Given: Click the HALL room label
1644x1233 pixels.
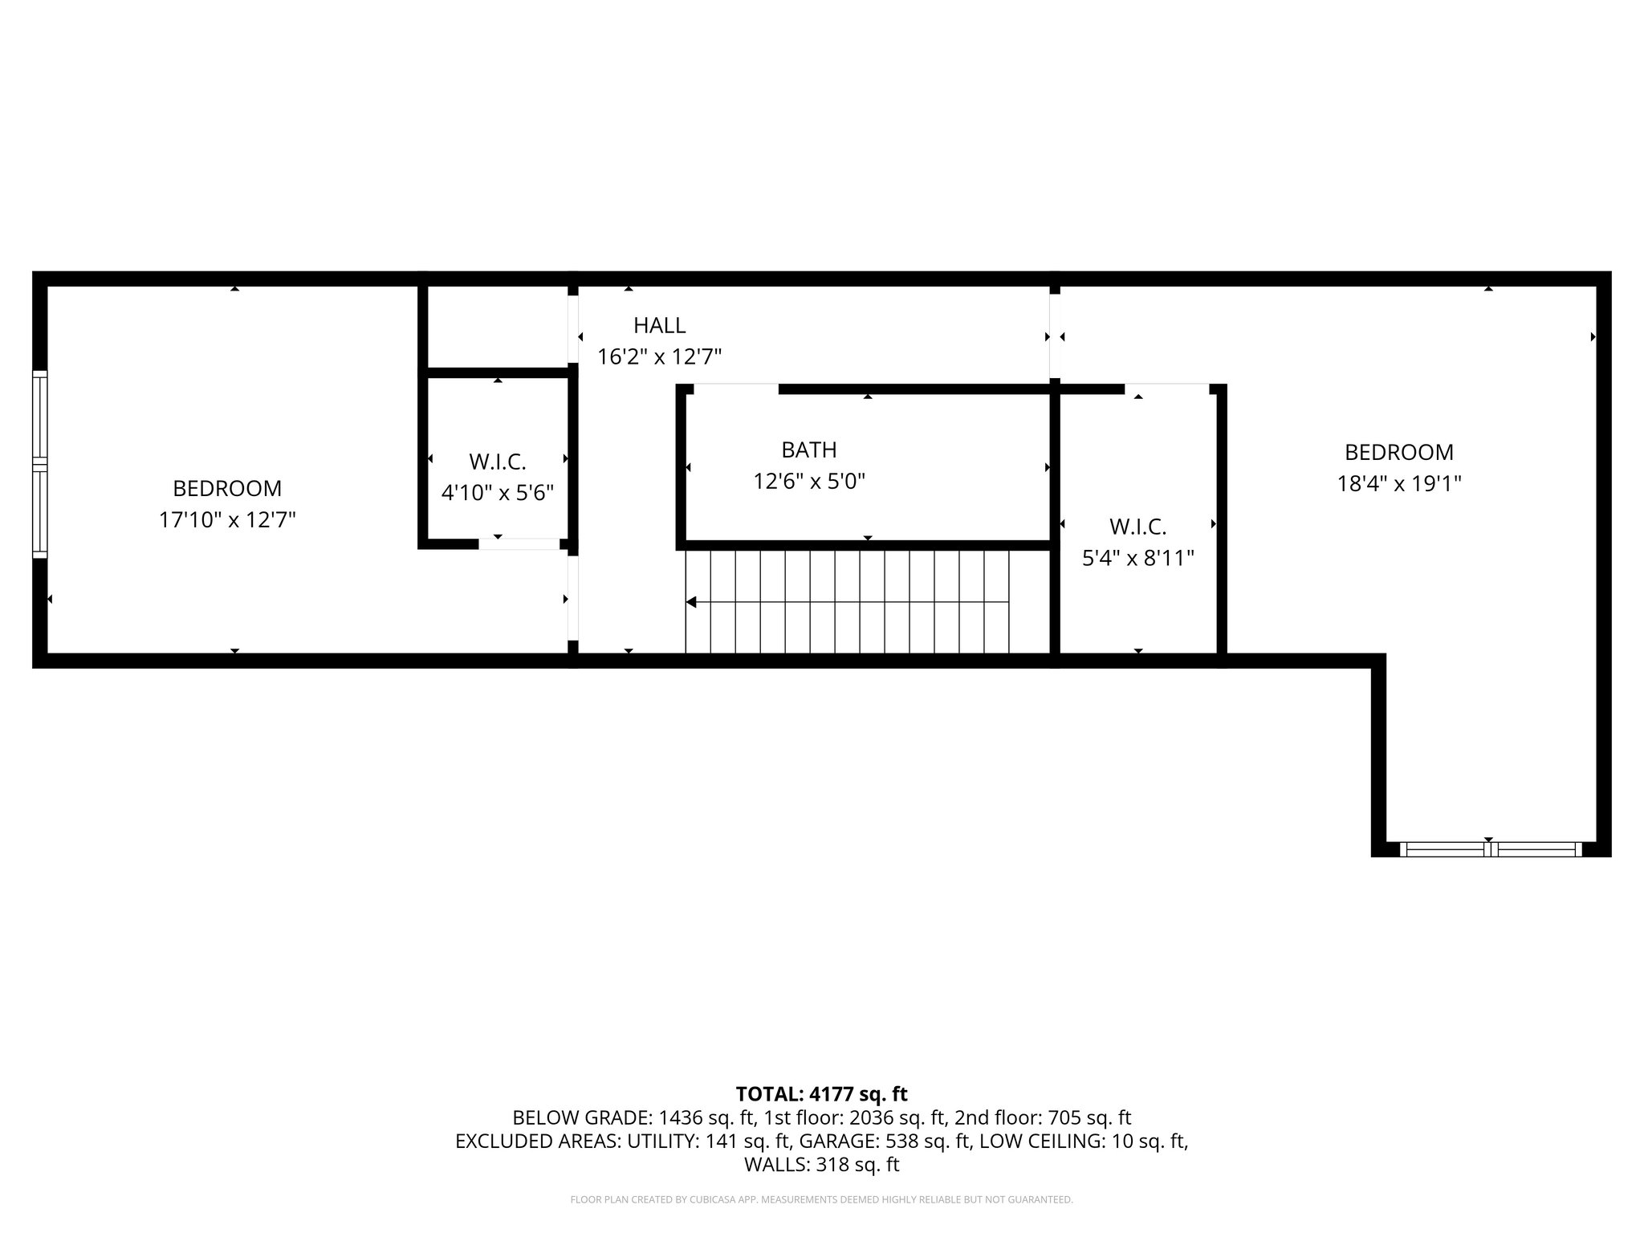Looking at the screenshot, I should [659, 325].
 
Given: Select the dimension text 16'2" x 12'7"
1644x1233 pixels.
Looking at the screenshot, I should [659, 356].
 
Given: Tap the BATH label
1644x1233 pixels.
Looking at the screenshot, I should [808, 450].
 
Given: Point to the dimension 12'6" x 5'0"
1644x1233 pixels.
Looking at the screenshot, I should [808, 482].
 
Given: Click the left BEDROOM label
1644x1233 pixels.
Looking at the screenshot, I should [227, 488].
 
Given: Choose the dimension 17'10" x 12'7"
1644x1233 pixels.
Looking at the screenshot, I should [227, 520].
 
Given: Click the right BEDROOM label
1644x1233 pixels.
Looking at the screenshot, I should [1398, 453].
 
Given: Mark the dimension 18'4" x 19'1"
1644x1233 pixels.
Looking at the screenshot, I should [1398, 484].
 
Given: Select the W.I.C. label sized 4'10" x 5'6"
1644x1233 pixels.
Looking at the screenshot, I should [497, 462].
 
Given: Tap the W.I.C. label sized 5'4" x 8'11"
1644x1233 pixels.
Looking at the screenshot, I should [1137, 527].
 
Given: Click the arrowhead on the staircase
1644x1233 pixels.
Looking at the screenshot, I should [691, 602].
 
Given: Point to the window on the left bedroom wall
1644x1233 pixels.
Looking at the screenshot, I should [39, 464].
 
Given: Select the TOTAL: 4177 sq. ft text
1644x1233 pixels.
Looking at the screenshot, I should [821, 1093].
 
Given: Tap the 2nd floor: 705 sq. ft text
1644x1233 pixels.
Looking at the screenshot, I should [1042, 1117].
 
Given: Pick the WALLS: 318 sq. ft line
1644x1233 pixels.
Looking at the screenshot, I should [821, 1164].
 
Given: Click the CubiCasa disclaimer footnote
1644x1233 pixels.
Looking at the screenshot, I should [821, 1199].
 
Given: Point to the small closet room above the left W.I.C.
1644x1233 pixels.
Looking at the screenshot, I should [497, 327].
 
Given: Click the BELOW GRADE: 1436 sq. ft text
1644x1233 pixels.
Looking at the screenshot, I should [633, 1117].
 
